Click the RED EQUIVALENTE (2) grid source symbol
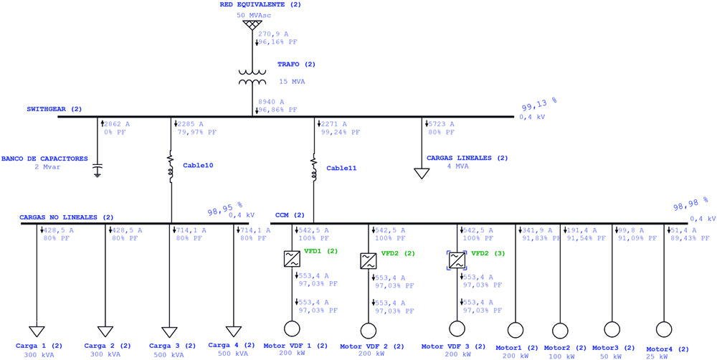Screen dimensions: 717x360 click(x=250, y=24)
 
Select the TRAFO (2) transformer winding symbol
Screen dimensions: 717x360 click(x=252, y=77)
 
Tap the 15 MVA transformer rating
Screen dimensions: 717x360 click(x=293, y=82)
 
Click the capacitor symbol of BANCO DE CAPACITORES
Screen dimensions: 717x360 click(x=97, y=169)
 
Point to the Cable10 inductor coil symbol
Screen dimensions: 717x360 click(x=171, y=167)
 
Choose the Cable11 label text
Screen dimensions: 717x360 click(x=341, y=168)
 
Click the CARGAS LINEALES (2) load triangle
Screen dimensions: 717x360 click(x=422, y=174)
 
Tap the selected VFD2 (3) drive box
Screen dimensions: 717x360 click(x=456, y=260)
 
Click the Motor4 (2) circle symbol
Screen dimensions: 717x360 click(x=663, y=329)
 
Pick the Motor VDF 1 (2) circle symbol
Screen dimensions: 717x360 click(x=291, y=329)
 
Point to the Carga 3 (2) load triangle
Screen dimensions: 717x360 click(x=169, y=331)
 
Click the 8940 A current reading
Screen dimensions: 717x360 click(x=271, y=102)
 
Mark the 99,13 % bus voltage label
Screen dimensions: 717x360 click(x=539, y=105)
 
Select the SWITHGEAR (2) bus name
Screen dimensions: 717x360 click(x=54, y=109)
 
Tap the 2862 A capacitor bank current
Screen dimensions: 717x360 click(x=117, y=124)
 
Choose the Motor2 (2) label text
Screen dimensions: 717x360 click(x=565, y=348)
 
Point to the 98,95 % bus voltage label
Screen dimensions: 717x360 click(x=225, y=209)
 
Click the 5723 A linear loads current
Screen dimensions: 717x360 click(x=441, y=124)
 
